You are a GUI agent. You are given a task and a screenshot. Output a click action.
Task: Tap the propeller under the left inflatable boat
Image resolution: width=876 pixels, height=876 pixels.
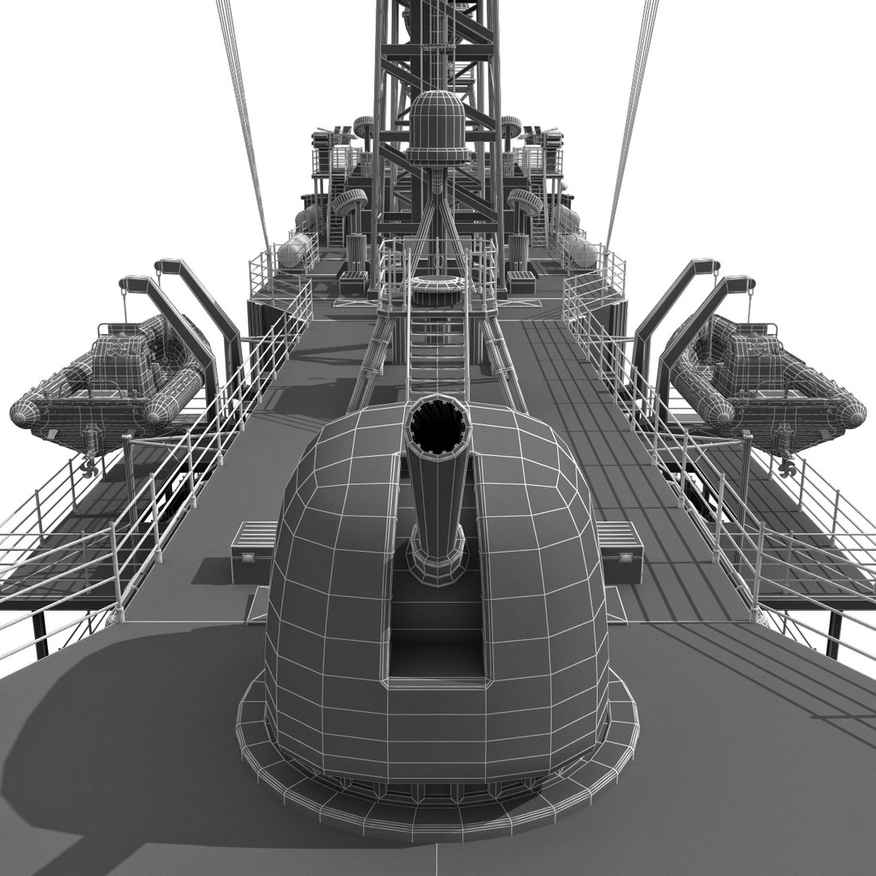pos(89,468)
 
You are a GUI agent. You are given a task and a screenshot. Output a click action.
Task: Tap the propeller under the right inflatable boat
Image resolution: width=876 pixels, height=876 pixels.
pos(785,466)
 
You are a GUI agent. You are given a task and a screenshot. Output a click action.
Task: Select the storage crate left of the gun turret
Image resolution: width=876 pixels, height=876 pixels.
pos(254,551)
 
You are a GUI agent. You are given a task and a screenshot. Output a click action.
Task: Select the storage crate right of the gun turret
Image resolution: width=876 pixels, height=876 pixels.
pos(620,551)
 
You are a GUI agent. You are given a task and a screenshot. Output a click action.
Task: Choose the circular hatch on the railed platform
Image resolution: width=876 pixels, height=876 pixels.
pos(437,285)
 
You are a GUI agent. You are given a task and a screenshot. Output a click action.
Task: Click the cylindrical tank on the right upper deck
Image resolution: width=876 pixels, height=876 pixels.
pos(581,251)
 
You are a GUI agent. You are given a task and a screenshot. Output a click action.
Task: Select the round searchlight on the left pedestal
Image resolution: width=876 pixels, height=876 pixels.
pos(351,203)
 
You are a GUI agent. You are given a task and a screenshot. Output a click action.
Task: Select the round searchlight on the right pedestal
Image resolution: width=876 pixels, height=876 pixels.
pos(524,203)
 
